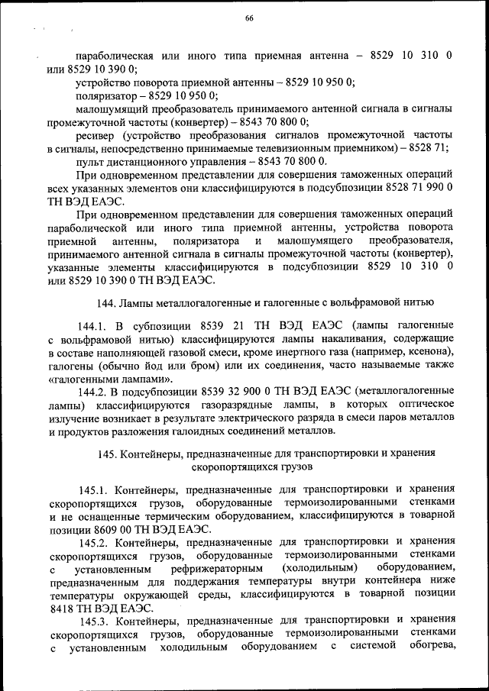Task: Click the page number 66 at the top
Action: point(248,18)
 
